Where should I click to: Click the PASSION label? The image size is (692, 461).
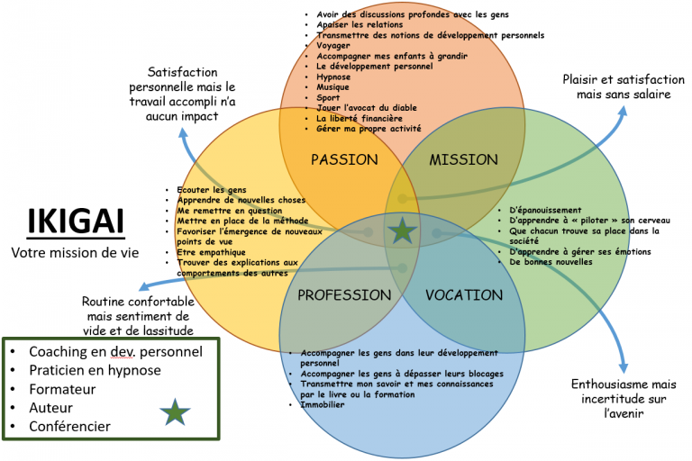pos(343,159)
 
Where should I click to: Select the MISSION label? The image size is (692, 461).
pos(463,159)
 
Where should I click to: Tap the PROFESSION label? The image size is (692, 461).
pos(344,294)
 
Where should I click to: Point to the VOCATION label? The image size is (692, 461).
pos(463,294)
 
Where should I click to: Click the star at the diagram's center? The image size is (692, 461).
pos(403,231)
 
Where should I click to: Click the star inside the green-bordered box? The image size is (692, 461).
pos(176,412)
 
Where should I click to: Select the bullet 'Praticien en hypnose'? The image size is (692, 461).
pos(95,369)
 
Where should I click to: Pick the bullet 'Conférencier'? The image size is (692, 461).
pos(70,426)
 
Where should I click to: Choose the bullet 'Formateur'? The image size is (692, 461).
pos(64,388)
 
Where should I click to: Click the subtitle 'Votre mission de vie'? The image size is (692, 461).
pos(75,253)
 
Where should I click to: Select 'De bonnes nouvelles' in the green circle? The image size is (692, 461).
pos(551,262)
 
